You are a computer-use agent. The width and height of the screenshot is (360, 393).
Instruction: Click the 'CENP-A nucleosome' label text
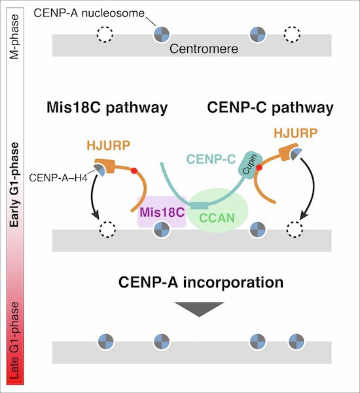coord(89,13)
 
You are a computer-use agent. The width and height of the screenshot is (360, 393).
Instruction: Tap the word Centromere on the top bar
coord(204,48)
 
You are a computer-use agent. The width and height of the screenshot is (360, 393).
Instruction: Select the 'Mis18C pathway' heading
coord(107,108)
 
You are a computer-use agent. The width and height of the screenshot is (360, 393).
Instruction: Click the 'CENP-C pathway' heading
coord(270,108)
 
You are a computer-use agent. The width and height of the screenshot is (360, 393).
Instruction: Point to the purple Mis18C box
coord(162,212)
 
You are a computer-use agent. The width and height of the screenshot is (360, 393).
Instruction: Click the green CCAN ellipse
coord(218,210)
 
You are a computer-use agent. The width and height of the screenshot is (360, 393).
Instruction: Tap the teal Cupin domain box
coord(250,165)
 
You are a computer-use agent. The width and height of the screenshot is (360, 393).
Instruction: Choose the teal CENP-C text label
coord(211,159)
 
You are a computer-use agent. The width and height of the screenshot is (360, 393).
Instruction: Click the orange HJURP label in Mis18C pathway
coord(109,145)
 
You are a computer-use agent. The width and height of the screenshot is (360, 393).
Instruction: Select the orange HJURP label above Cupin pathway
coord(296,133)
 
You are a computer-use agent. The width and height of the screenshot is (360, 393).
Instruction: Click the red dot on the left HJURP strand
coord(134,171)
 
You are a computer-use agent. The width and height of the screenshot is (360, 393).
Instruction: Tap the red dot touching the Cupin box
coord(259,168)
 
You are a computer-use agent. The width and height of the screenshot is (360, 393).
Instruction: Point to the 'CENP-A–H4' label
coord(58,178)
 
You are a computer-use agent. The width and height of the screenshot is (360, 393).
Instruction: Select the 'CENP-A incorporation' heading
coord(201,282)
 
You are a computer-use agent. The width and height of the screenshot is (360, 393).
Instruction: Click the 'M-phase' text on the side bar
coord(14,37)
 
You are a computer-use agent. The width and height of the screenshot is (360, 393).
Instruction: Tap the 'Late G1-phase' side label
coord(14,340)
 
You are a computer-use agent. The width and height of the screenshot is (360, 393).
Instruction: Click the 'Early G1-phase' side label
coord(14,185)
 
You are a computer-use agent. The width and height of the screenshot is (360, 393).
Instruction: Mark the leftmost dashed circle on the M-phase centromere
coord(105,34)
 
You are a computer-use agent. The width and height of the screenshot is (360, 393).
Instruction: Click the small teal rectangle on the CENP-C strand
coord(200,206)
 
